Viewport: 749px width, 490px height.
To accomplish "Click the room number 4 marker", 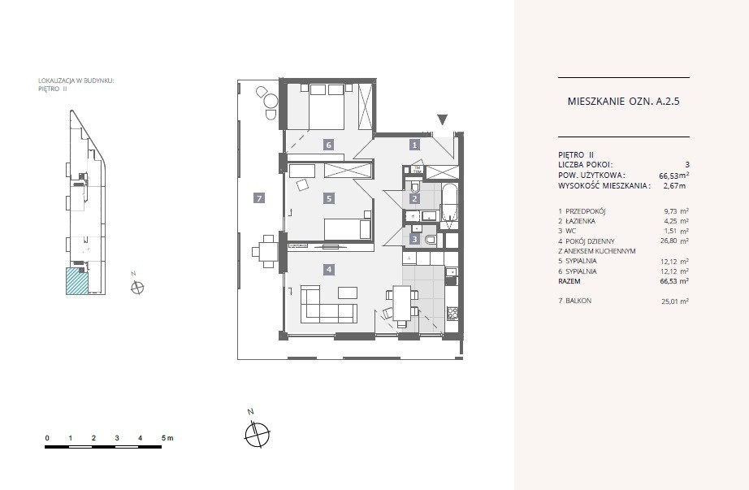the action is coord(329,270).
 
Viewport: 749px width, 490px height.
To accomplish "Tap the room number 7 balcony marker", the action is coord(259,198).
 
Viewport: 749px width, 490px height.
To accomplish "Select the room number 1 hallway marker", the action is coord(414,145).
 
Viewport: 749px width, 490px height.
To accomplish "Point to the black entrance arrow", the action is coord(443,120).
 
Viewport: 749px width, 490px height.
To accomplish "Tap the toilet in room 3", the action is coord(431,240).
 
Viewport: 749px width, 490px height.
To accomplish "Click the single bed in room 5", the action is coord(348,229).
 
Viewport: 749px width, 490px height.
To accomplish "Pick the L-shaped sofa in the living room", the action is coord(328,304).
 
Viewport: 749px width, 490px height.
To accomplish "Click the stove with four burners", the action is coord(452,314).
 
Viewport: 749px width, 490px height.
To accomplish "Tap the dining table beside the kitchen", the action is coord(401,304).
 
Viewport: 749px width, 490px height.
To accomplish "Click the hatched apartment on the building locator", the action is coord(77,280).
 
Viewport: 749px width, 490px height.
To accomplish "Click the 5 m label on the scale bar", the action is coord(167,438).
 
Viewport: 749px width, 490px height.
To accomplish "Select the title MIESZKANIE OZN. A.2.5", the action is coord(623,102).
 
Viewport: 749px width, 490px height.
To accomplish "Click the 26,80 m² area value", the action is coord(674,241).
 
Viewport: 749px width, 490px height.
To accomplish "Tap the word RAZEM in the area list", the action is coord(569,281).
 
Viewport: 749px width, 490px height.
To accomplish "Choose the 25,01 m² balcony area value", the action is coord(674,301).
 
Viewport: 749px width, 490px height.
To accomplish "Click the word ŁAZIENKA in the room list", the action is coord(580,221).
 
